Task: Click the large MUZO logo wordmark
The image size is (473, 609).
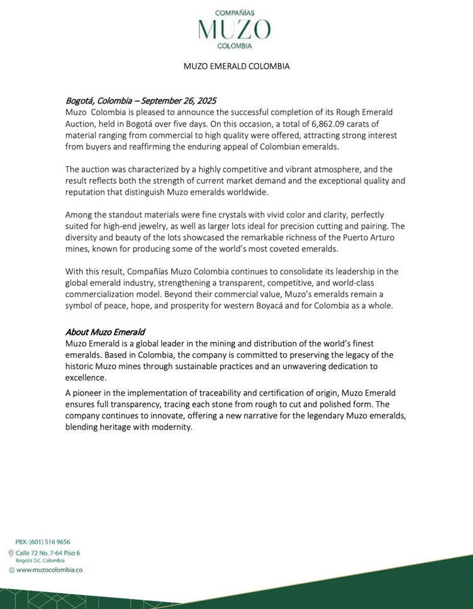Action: [x=235, y=29]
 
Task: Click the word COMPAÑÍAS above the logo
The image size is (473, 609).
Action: [x=235, y=13]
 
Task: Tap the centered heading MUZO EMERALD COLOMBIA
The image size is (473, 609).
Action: [x=237, y=66]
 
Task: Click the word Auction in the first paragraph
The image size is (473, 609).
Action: [x=80, y=123]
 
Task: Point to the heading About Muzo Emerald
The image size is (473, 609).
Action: [x=105, y=332]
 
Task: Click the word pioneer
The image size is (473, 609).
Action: [x=89, y=392]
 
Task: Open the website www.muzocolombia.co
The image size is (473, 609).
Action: [x=50, y=569]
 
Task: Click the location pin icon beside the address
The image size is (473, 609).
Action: [x=11, y=553]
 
